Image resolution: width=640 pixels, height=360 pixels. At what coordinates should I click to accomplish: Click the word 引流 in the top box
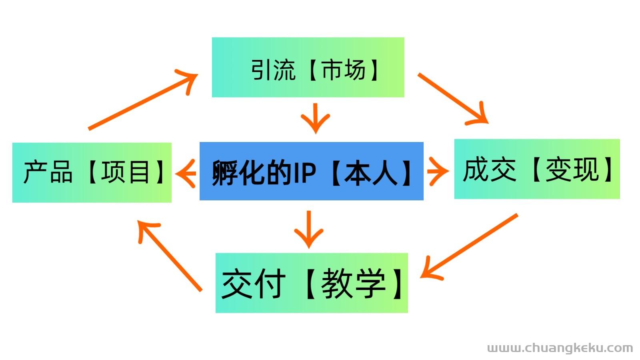click(x=273, y=70)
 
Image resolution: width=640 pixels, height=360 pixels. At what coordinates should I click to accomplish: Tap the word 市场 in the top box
click(x=344, y=70)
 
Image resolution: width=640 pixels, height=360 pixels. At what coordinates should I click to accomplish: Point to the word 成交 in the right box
click(x=490, y=170)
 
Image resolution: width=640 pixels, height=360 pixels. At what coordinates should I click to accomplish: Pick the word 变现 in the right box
click(x=572, y=170)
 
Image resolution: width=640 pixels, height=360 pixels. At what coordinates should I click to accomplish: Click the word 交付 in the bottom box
click(x=254, y=284)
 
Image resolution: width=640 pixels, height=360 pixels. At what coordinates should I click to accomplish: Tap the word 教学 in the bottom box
click(x=354, y=284)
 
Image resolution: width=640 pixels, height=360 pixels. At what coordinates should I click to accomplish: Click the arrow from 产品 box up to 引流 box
click(x=143, y=100)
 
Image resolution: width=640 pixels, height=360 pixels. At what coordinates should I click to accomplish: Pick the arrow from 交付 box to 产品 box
click(x=170, y=256)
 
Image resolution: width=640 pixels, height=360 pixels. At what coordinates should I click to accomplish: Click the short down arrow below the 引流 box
click(x=316, y=118)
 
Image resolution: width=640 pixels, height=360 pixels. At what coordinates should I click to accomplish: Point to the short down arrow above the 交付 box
click(x=309, y=230)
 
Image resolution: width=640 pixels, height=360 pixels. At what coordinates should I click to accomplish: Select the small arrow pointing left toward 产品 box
click(x=186, y=174)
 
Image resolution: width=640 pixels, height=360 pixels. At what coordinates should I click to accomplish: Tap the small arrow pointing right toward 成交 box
click(x=438, y=171)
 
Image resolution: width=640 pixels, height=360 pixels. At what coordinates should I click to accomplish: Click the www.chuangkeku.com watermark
click(x=560, y=348)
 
